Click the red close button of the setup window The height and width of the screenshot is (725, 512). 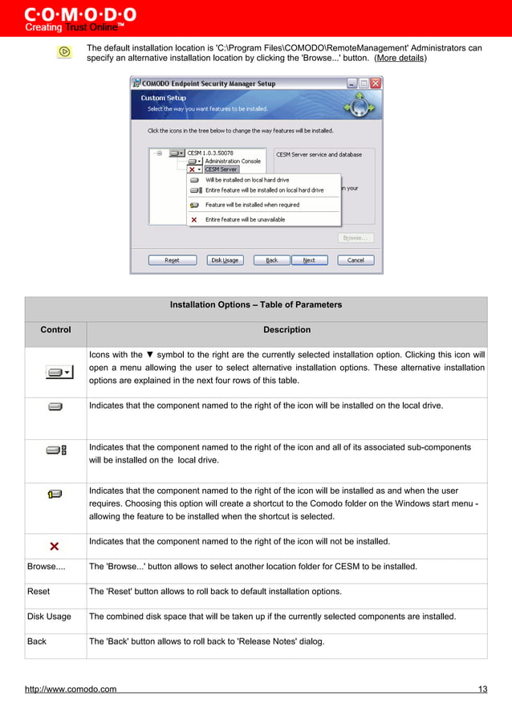[376, 83]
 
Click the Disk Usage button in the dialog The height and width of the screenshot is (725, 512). [225, 260]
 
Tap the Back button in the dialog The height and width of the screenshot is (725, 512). [272, 260]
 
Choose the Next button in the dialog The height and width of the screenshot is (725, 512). [309, 260]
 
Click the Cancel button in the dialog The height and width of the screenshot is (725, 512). [356, 260]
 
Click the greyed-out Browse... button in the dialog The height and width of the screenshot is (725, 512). [355, 238]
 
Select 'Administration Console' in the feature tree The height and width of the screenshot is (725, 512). [233, 161]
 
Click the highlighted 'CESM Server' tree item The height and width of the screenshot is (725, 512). [221, 169]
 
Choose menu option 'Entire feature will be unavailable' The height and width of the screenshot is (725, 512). [245, 219]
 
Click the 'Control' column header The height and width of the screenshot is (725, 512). [55, 330]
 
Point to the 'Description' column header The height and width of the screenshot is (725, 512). [286, 330]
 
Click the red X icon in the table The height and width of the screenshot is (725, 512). [55, 547]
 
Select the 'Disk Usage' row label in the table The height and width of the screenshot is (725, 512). [49, 617]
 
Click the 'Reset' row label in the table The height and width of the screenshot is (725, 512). [39, 592]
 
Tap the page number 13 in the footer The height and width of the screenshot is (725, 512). [482, 689]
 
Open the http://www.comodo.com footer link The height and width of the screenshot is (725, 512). [71, 689]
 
